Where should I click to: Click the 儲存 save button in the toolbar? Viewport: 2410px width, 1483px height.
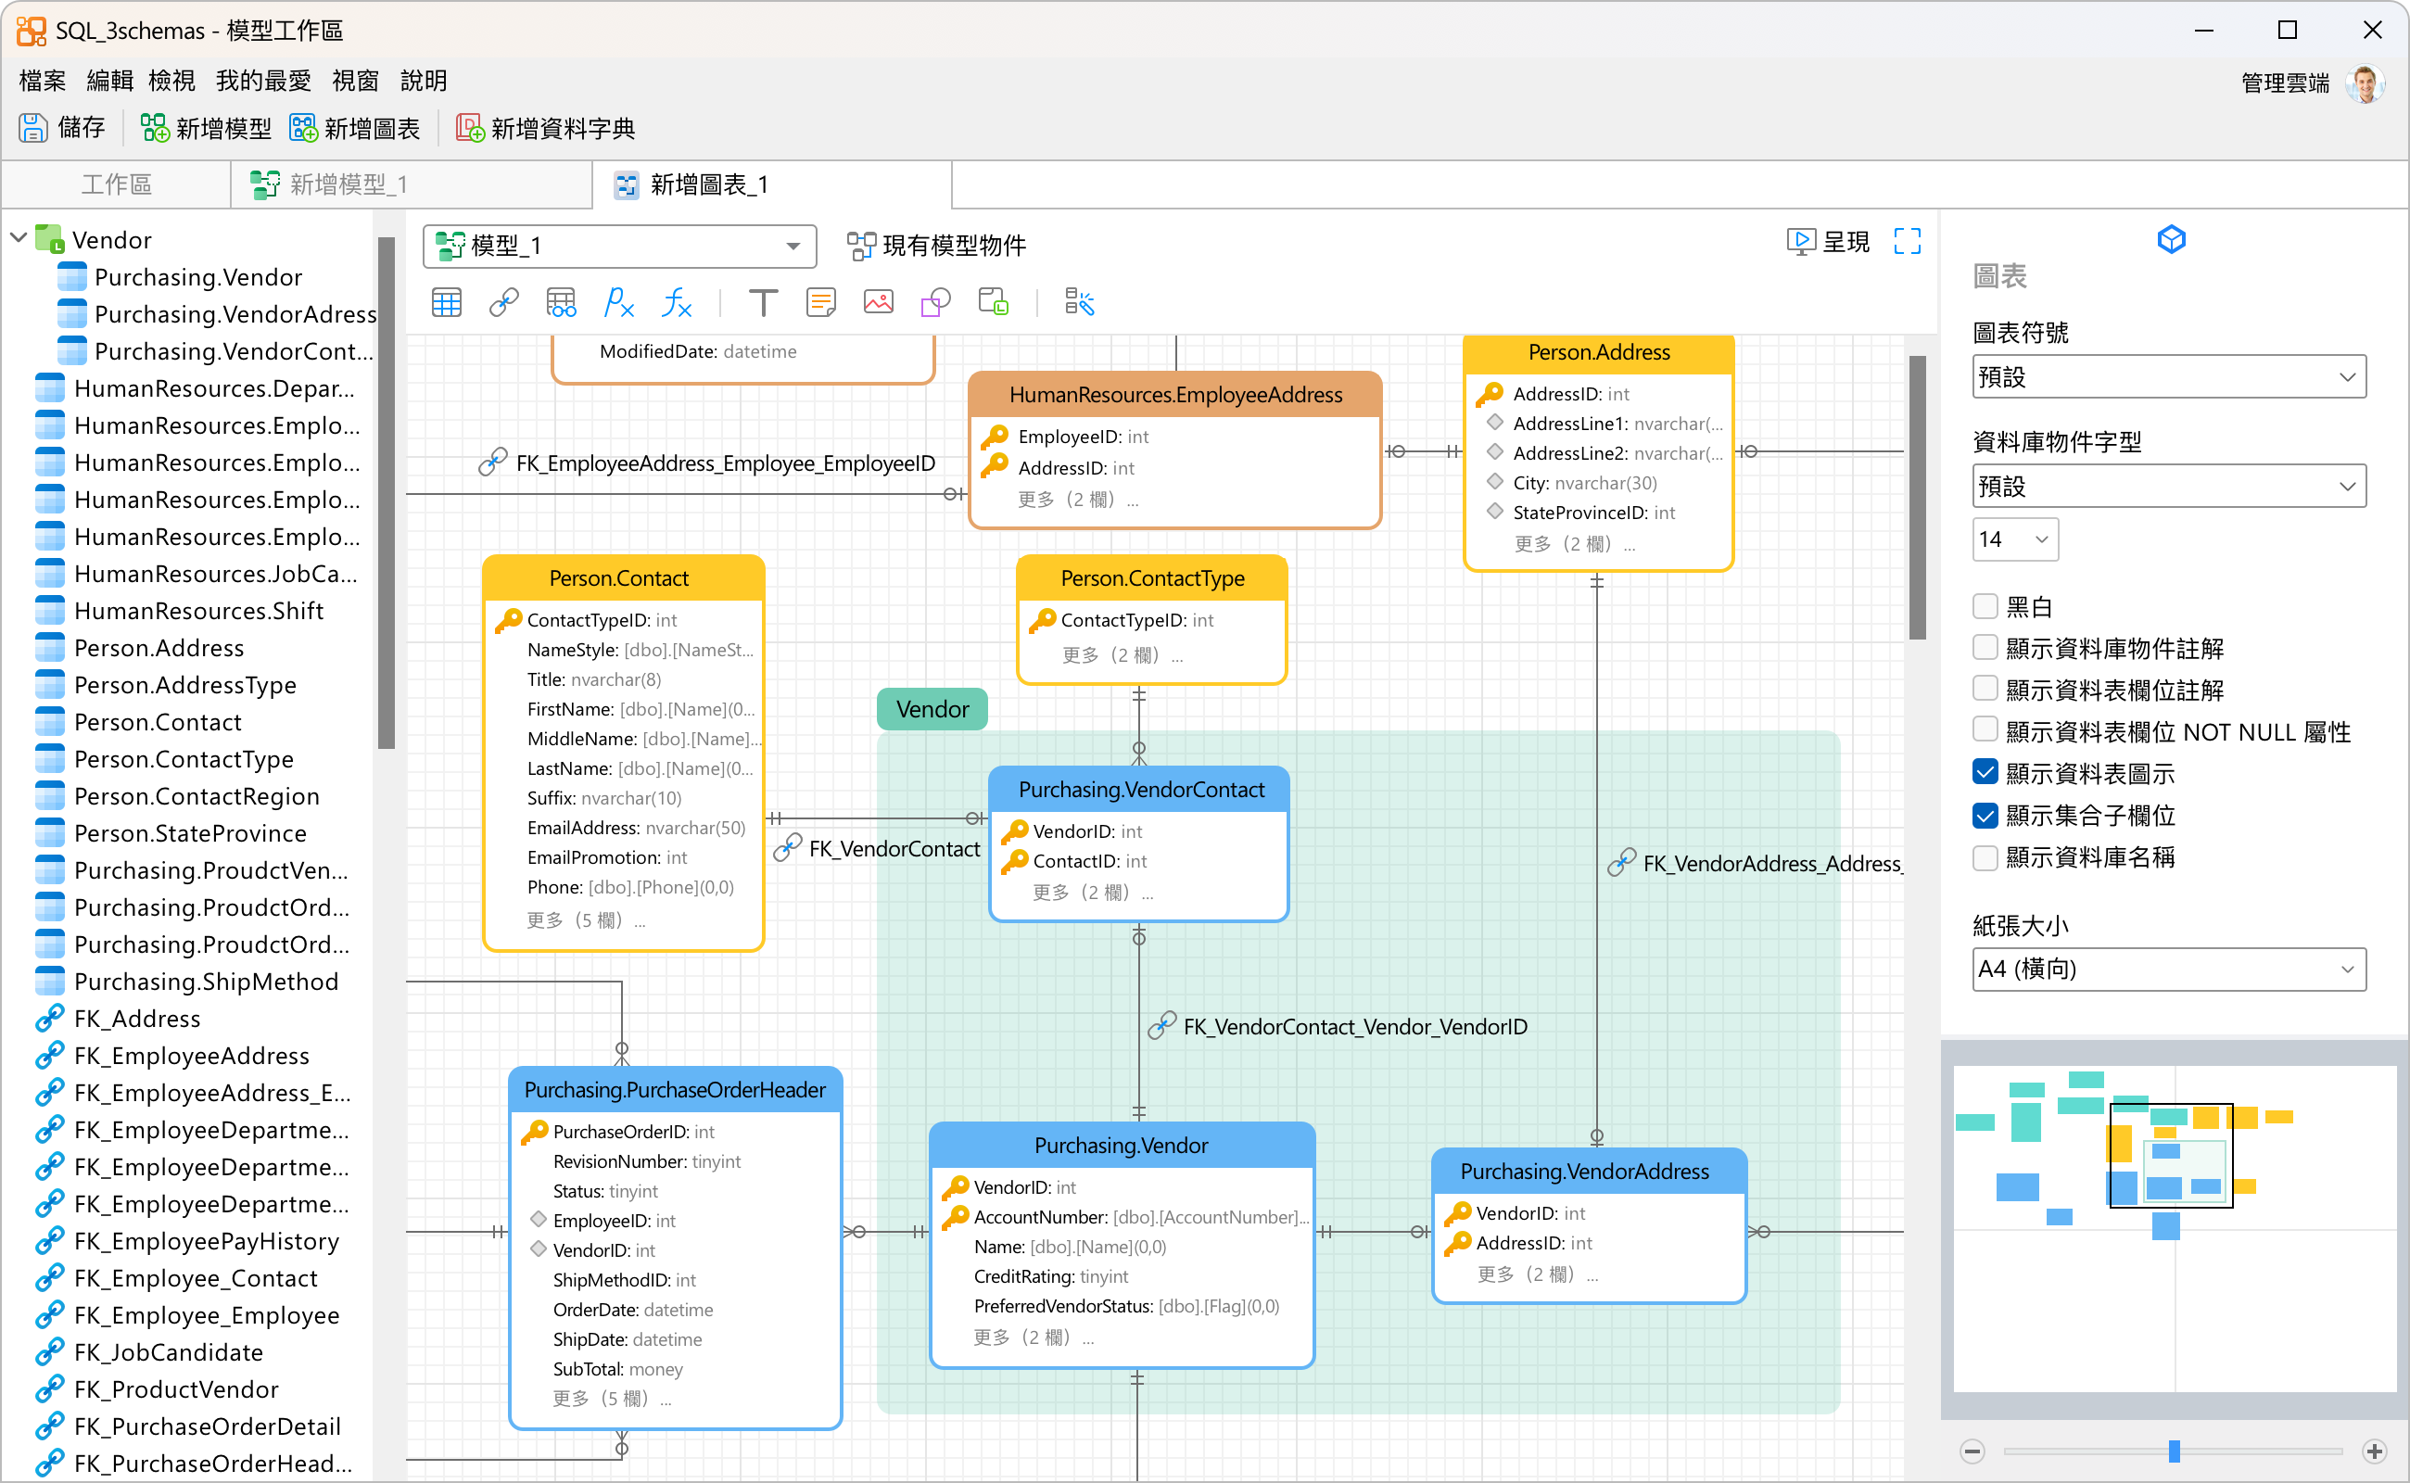click(62, 129)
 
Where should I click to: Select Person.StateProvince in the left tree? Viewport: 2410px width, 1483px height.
click(190, 833)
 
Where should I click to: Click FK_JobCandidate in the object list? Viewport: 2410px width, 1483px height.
click(169, 1352)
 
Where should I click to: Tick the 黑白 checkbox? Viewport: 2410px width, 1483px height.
click(1985, 606)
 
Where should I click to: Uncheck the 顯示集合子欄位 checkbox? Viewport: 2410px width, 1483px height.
click(1985, 815)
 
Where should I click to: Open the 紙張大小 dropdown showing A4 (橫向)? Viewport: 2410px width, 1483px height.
click(2168, 970)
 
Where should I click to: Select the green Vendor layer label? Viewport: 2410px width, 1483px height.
click(932, 709)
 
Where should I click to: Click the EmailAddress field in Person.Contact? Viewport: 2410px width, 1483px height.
click(637, 828)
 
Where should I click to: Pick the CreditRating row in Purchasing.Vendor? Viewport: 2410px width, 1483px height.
click(1050, 1276)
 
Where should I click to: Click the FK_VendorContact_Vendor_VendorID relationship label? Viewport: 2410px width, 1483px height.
click(1354, 1027)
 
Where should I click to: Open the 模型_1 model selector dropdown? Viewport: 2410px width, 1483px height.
click(620, 246)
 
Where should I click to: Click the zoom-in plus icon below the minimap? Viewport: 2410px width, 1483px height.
click(2374, 1451)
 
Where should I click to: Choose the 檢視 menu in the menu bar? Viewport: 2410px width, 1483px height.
click(171, 81)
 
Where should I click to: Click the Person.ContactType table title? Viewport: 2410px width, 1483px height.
click(1152, 578)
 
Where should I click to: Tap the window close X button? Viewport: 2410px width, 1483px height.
click(2372, 31)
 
